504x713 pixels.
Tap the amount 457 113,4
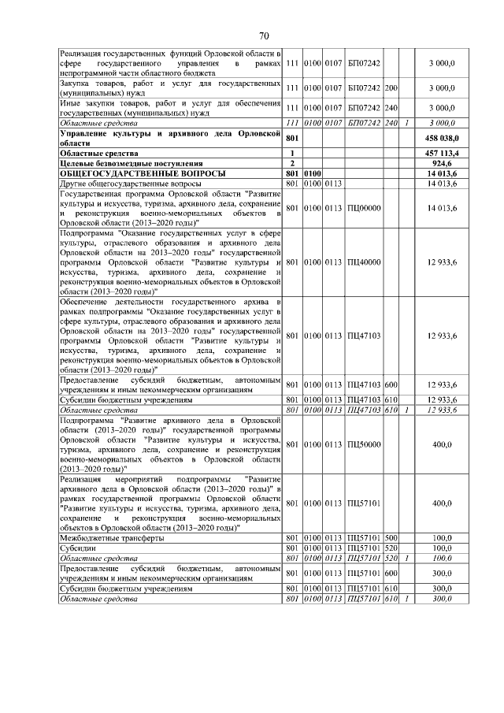[442, 152]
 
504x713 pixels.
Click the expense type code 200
[391, 87]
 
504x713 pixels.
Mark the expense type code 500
[391, 538]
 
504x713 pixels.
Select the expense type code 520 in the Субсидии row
[391, 548]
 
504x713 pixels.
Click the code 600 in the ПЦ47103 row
[391, 384]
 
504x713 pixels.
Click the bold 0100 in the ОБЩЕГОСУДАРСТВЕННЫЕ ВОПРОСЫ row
[313, 173]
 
